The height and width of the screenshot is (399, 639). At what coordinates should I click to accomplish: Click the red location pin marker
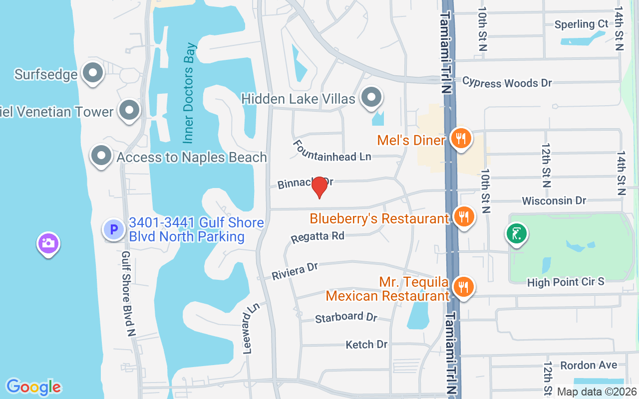coord(319,188)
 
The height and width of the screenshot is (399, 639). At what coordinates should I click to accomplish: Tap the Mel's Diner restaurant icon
coord(461,138)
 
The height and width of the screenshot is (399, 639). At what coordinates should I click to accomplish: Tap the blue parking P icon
coord(113,230)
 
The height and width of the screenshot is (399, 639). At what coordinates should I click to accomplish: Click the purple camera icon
coord(48,244)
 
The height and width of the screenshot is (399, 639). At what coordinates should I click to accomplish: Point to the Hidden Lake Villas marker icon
coord(371,97)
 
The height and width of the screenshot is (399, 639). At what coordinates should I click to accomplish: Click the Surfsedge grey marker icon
coord(92,73)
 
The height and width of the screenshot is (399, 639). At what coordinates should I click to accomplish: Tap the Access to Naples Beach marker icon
coord(101,156)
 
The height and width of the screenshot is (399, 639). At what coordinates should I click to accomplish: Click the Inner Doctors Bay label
coord(189,93)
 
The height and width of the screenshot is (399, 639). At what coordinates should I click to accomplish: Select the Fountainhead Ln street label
coord(331,150)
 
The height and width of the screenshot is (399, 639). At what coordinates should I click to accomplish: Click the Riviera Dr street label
coord(295,271)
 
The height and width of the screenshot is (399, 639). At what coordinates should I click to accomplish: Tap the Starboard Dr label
coord(346,317)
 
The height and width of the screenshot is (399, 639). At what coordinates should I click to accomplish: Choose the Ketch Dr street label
coord(366,344)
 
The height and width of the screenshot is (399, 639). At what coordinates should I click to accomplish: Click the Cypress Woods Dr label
coord(507,82)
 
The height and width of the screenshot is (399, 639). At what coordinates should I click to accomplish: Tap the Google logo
coord(33,387)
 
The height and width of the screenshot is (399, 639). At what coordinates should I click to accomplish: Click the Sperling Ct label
coord(582,24)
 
